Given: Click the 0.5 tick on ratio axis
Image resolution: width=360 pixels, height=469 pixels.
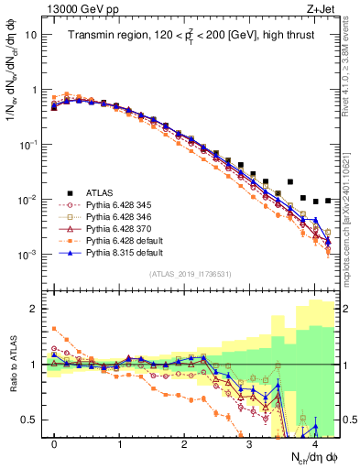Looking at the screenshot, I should [x=34, y=420].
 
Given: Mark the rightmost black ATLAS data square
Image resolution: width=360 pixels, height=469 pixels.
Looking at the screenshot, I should [x=327, y=200].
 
